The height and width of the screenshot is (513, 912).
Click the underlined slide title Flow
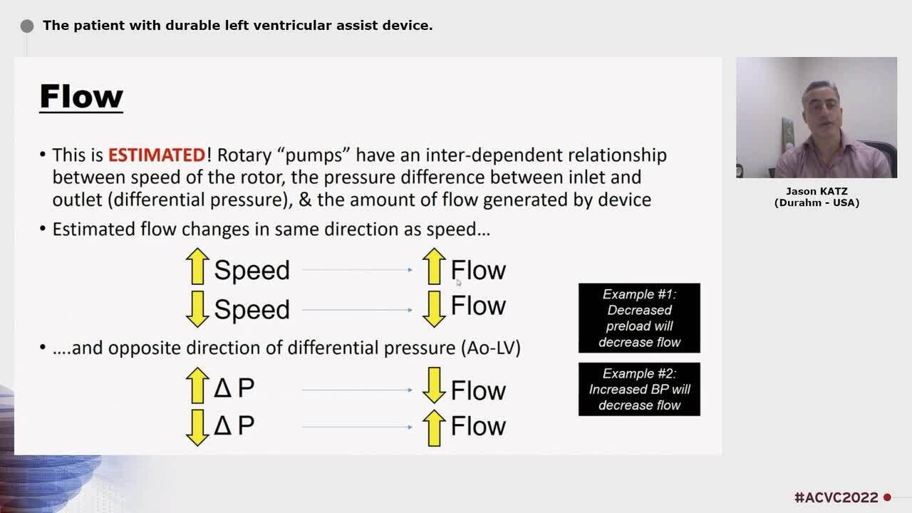click(x=81, y=97)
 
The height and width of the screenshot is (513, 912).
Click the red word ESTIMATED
click(x=157, y=155)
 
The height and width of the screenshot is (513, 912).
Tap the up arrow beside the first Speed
click(x=197, y=266)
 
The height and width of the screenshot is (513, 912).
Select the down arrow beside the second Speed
click(x=197, y=309)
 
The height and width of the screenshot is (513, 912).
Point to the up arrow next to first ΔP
click(x=197, y=385)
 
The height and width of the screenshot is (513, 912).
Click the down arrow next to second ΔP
click(x=197, y=427)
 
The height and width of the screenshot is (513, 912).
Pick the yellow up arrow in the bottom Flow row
click(x=433, y=427)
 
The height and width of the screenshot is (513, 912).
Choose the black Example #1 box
click(x=639, y=318)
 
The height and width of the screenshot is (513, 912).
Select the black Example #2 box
click(x=639, y=389)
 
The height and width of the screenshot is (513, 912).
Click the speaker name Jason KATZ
click(x=817, y=192)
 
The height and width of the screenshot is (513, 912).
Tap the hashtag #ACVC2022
click(x=836, y=497)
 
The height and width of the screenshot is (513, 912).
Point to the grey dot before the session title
click(x=27, y=26)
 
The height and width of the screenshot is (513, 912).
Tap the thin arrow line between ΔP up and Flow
click(x=357, y=390)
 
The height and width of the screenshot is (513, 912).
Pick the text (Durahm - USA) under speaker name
click(x=817, y=202)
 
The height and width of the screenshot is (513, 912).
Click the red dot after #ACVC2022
click(x=887, y=497)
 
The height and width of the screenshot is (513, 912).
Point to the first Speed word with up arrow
click(x=252, y=271)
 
